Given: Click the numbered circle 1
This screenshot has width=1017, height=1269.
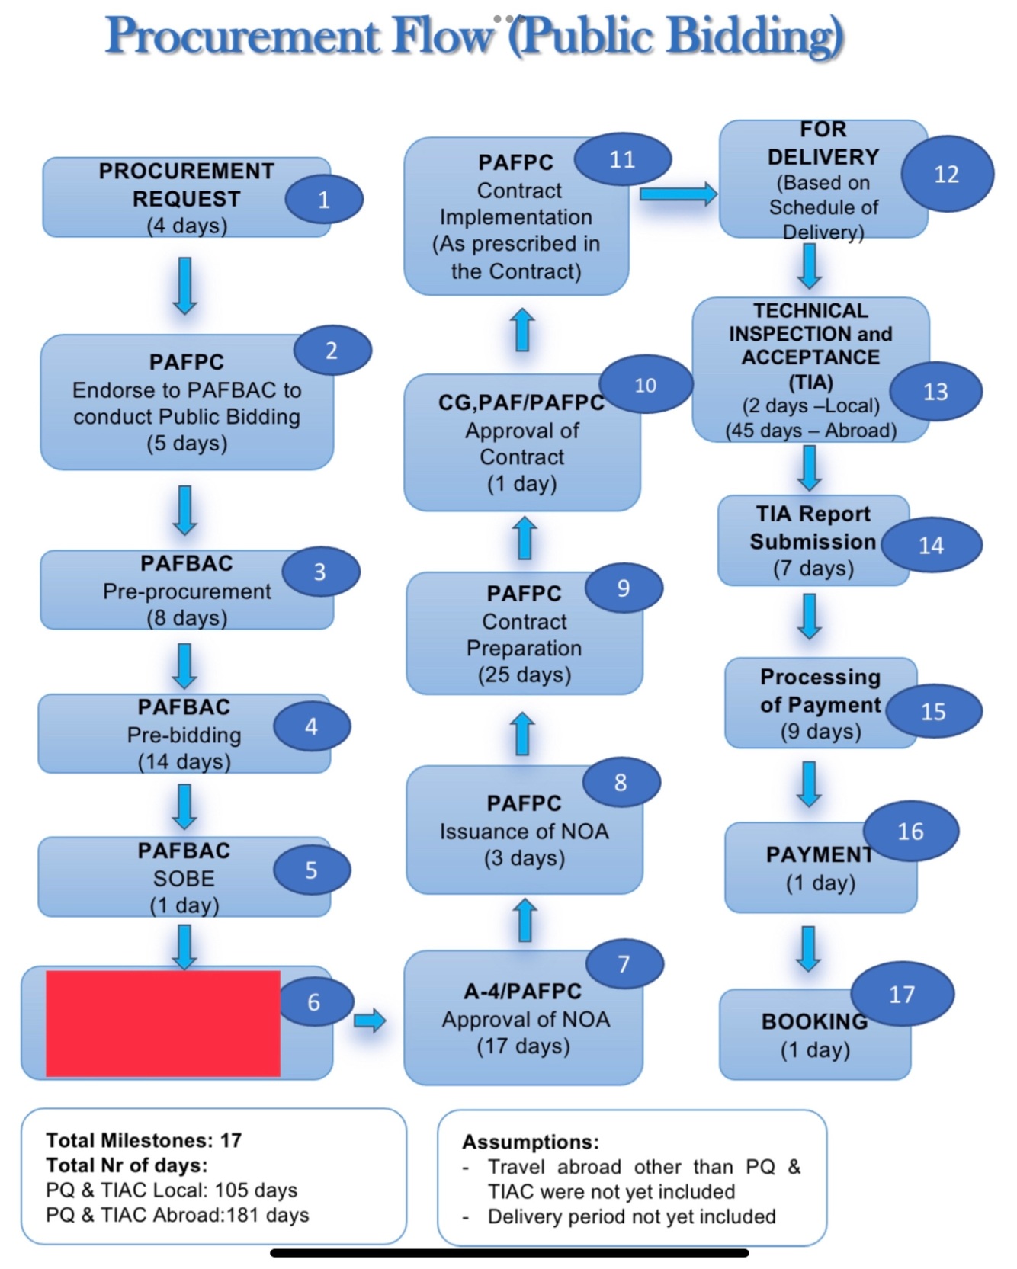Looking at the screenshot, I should click(x=323, y=200).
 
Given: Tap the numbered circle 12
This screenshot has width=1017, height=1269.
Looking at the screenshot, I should click(x=947, y=175).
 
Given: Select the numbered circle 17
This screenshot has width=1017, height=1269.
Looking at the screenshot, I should click(x=902, y=994).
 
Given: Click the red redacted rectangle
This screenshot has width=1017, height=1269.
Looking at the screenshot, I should click(x=163, y=1023).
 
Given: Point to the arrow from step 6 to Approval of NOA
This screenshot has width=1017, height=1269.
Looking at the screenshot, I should click(x=370, y=1020).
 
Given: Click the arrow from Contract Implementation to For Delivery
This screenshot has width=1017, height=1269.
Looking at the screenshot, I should click(x=678, y=194).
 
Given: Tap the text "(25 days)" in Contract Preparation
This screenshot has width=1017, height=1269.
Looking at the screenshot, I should click(x=525, y=675).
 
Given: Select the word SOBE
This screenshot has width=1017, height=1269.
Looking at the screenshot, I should click(x=184, y=878).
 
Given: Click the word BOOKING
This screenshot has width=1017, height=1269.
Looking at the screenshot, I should click(x=814, y=1021).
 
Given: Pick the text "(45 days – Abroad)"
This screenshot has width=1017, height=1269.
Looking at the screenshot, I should click(x=810, y=431).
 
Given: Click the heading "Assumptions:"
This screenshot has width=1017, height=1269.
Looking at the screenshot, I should click(x=531, y=1142).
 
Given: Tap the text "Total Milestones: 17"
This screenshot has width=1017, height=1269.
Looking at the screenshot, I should click(x=143, y=1140).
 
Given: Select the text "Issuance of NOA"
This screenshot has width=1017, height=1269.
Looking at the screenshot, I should click(x=525, y=831).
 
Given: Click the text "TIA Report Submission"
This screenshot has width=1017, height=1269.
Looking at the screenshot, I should click(x=813, y=527).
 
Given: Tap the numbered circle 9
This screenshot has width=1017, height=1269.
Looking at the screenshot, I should click(x=624, y=588).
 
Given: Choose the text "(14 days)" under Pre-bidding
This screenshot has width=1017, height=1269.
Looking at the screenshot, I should click(x=184, y=761).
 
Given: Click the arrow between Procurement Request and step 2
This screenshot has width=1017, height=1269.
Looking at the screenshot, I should click(x=185, y=286).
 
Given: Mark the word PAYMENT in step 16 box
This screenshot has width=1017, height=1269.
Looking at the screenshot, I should click(x=820, y=854).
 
